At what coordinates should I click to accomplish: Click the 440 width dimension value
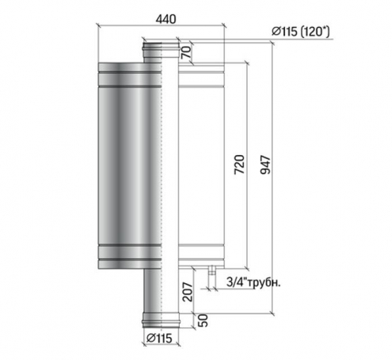(x=166, y=19)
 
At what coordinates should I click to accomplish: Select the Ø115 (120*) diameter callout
(x=301, y=32)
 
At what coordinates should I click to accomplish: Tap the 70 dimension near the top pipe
(x=186, y=52)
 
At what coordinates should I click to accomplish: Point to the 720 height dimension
(x=239, y=165)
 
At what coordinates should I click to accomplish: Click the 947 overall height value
(x=265, y=165)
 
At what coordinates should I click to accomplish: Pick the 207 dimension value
(x=188, y=292)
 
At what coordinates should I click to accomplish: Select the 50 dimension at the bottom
(x=203, y=320)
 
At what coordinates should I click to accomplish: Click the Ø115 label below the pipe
(x=159, y=338)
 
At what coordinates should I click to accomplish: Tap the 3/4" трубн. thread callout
(x=253, y=282)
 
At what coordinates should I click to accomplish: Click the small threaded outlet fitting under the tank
(x=211, y=271)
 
